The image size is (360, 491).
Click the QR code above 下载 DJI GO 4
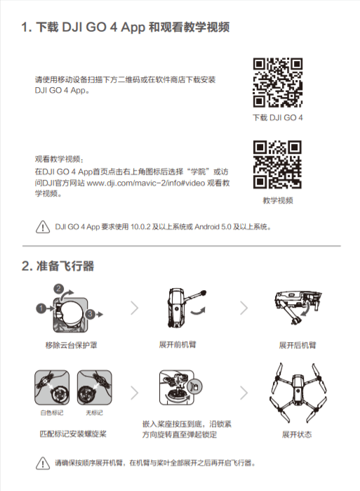click(x=278, y=83)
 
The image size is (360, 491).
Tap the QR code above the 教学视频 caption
click(x=277, y=164)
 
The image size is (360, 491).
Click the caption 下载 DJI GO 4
click(x=278, y=118)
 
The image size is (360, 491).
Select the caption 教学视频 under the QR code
click(x=278, y=200)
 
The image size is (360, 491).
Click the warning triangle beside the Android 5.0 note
click(x=43, y=227)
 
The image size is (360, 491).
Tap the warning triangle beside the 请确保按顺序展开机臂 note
click(x=43, y=463)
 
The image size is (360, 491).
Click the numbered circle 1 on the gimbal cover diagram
click(x=41, y=308)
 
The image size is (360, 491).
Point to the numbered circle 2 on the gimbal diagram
click(x=58, y=289)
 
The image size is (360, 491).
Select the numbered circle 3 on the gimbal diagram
click(x=90, y=314)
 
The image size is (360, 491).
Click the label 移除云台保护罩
click(x=72, y=345)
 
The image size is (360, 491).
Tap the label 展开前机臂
click(x=178, y=344)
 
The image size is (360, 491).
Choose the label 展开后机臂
click(x=298, y=345)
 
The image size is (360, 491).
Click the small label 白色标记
click(x=52, y=413)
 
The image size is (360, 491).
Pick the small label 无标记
click(x=95, y=413)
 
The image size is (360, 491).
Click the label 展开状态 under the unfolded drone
click(x=297, y=434)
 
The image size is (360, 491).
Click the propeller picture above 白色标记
click(x=52, y=387)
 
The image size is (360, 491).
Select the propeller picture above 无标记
click(x=95, y=387)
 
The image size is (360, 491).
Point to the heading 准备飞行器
click(x=65, y=266)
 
